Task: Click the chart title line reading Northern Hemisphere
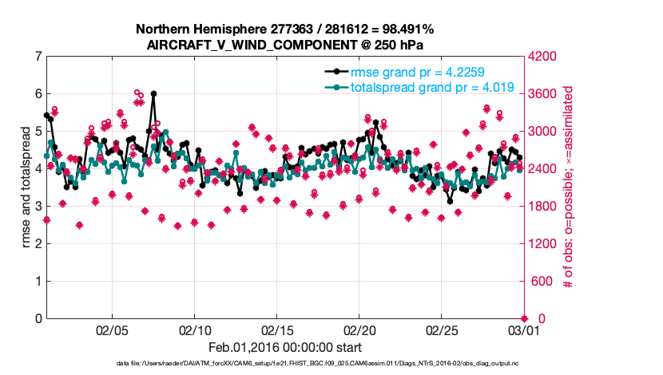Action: (285, 30)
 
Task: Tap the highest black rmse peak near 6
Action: (153, 93)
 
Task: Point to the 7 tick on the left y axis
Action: (38, 57)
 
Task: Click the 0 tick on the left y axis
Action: (38, 319)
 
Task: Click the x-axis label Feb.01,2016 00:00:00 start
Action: (285, 347)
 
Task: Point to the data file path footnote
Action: (285, 364)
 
